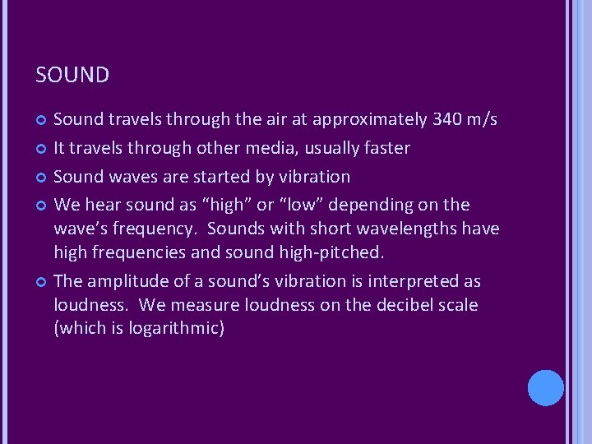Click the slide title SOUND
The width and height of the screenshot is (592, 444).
[72, 76]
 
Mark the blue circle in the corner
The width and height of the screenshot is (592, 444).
[545, 387]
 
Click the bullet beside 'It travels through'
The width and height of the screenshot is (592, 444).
[41, 149]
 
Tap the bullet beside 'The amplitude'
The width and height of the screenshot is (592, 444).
[41, 282]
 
